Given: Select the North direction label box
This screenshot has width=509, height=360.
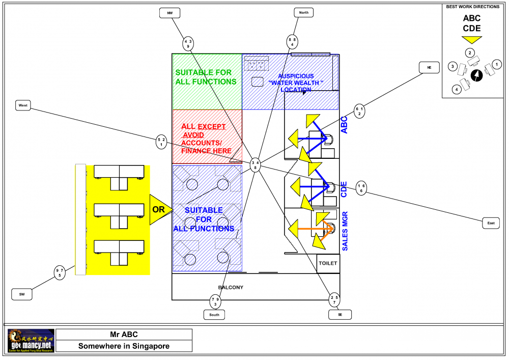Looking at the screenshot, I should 303,12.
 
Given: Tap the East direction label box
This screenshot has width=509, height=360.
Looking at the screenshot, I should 491,223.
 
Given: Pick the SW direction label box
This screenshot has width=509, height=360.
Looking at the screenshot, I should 22,294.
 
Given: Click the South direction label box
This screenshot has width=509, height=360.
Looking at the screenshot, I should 214,315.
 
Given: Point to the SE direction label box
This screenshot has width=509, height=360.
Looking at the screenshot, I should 340,315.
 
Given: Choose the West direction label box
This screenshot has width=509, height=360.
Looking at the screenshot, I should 23,105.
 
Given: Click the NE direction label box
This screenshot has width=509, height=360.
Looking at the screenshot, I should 429,67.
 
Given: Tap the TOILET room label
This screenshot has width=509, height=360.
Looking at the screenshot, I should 327,263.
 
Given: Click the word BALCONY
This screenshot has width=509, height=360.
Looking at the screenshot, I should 231,288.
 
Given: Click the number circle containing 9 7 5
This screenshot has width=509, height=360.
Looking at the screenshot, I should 60,272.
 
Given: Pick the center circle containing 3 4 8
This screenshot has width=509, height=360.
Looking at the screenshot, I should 256,164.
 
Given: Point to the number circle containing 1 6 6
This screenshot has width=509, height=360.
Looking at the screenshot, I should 361,188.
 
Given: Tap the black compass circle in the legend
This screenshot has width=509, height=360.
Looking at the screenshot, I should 477,75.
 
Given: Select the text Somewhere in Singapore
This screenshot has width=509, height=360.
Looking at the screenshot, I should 124,346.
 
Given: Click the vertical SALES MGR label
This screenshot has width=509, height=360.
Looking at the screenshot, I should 345,231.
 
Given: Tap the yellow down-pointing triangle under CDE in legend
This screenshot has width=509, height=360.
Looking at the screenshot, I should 471,39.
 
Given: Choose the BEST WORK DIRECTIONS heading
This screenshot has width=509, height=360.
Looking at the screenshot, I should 472,7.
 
